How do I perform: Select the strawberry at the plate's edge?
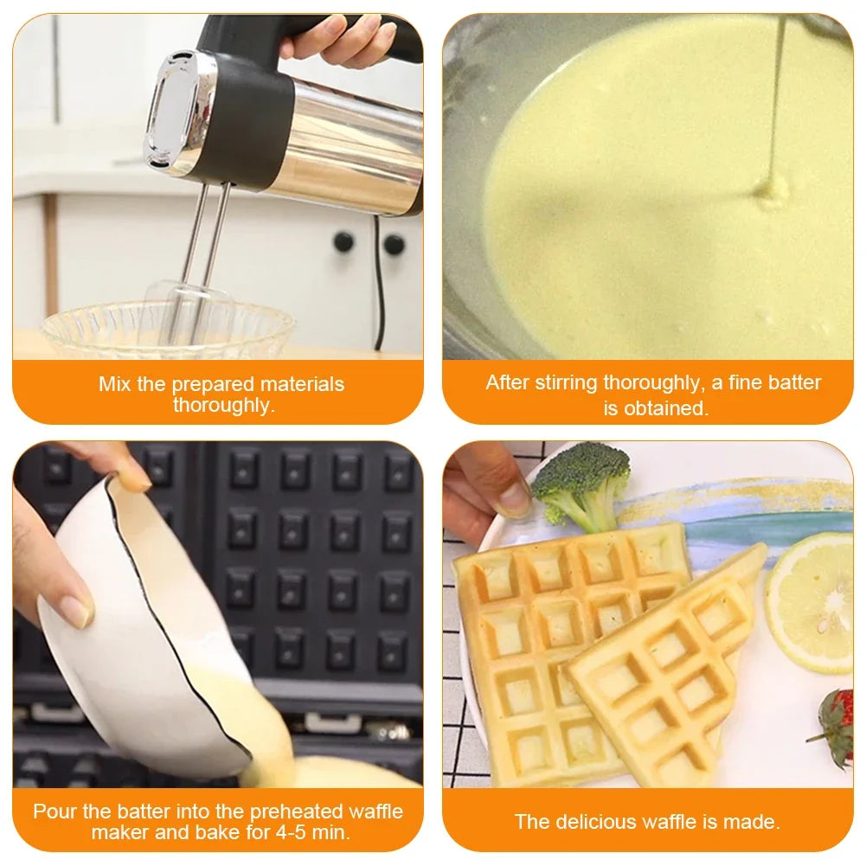point(835,727)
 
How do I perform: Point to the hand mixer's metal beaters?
point(203,260)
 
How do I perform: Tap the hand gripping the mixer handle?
point(342,39)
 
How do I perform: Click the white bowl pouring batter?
point(130,623)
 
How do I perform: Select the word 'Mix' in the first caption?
point(115,384)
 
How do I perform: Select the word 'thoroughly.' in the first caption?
point(223,405)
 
